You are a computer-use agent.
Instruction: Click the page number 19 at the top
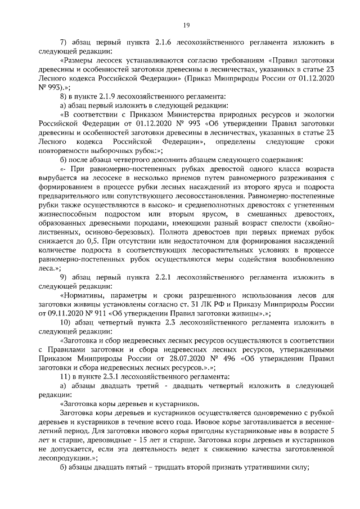(x=187, y=25)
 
